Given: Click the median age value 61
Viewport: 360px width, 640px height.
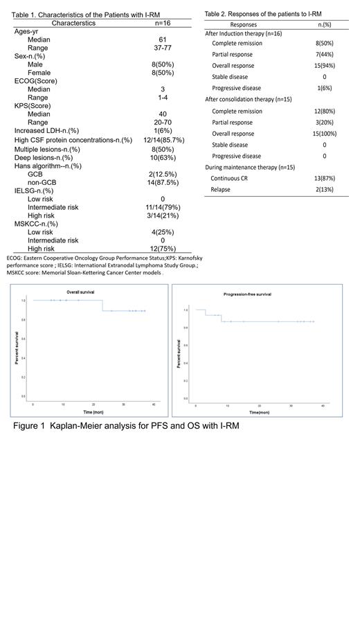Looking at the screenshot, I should point(162,40).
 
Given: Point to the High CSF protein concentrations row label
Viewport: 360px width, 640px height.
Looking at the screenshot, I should point(73,140).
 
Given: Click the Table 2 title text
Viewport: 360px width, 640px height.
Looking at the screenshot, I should point(263,14).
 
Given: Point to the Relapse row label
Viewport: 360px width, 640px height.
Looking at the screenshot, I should point(221,189).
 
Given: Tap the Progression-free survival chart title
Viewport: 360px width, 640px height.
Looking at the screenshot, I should point(246,294).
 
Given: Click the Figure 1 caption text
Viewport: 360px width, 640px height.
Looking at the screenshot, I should point(126,426).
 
